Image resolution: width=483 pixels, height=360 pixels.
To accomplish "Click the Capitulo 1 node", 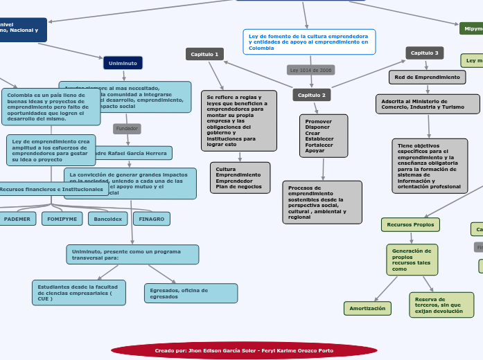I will pyautogui.click(x=204, y=54).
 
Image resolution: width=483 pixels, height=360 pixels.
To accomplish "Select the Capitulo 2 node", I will pyautogui.click(x=311, y=95).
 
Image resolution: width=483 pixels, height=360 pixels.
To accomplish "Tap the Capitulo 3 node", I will pyautogui.click(x=424, y=53).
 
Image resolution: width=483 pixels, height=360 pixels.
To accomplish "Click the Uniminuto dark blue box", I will pyautogui.click(x=123, y=63).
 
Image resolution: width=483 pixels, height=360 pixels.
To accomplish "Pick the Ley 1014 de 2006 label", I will pyautogui.click(x=310, y=70).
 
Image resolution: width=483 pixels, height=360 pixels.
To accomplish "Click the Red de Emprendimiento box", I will pyautogui.click(x=427, y=78).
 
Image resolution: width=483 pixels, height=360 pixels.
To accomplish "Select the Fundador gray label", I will pyautogui.click(x=127, y=129).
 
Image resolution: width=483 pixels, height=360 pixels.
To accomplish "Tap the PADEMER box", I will pyautogui.click(x=17, y=219).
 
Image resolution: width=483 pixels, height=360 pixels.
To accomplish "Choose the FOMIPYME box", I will pyautogui.click(x=62, y=219).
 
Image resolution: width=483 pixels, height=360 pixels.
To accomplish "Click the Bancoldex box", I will pyautogui.click(x=107, y=219).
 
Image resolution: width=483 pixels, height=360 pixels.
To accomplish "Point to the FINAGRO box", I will pyautogui.click(x=152, y=219).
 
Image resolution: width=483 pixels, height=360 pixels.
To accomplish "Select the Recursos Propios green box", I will pyautogui.click(x=410, y=224).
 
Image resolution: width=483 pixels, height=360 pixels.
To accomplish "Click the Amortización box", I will pyautogui.click(x=367, y=308).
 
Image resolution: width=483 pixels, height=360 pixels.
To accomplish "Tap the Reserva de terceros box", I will pyautogui.click(x=441, y=305).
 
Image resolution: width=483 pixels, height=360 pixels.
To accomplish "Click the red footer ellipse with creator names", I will pyautogui.click(x=244, y=350).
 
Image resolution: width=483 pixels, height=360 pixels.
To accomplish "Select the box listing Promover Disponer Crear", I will pyautogui.click(x=319, y=136).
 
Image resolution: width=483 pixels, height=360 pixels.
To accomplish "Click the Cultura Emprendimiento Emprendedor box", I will pyautogui.click(x=238, y=177).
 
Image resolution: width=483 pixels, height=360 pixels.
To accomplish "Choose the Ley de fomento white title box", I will pyautogui.click(x=309, y=42).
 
